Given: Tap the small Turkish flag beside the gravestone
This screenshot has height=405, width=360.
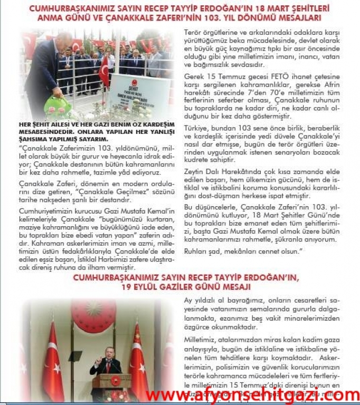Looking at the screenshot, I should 103,72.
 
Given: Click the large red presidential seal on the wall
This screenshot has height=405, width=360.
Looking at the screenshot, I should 94,316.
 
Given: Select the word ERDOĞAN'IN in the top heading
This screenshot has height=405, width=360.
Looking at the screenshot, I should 224,8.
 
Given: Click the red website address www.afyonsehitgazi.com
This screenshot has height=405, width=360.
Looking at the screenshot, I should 252,394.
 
